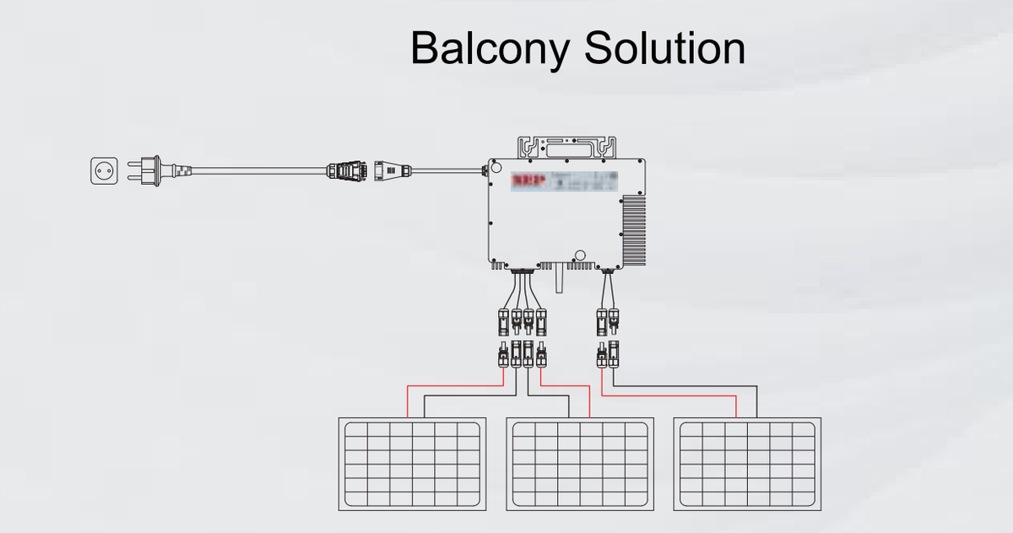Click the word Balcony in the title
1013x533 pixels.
pos(490,49)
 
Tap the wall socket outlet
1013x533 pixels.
pos(104,170)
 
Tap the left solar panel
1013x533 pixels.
pos(412,464)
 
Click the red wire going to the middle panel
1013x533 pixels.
pos(566,387)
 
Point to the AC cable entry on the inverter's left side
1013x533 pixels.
pos(485,171)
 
